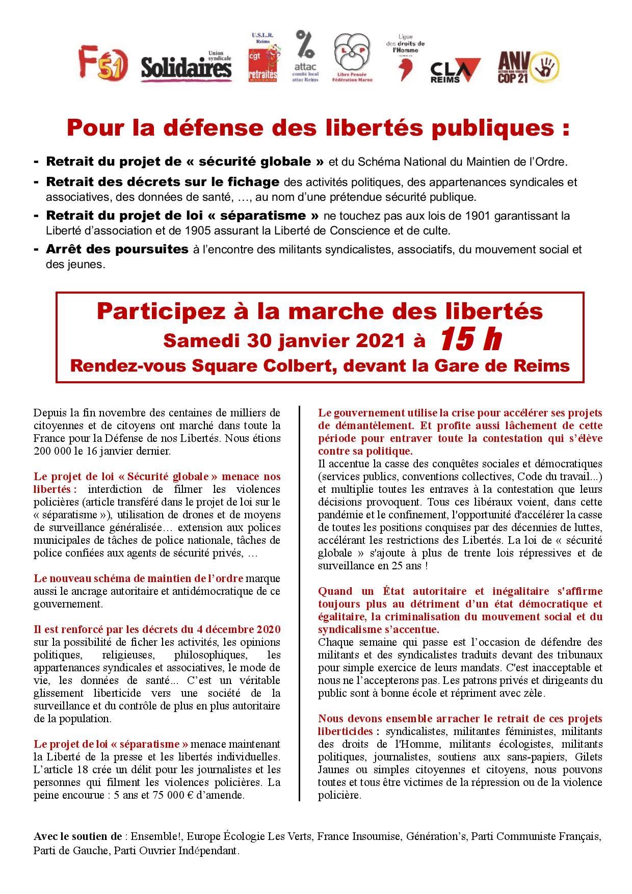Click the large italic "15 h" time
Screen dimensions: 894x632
(470, 339)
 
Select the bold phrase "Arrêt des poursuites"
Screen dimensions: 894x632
(117, 250)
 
